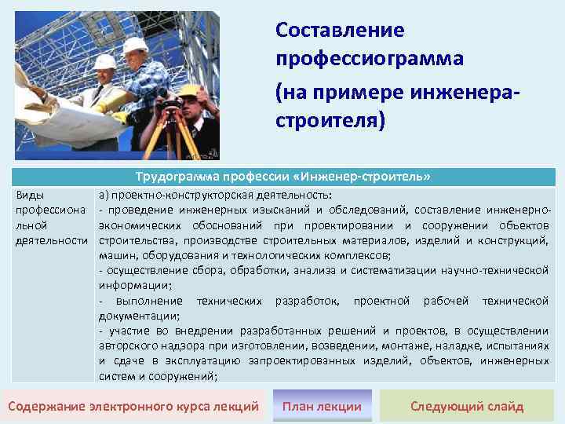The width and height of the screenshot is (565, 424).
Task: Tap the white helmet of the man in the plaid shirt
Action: pyautogui.click(x=136, y=45)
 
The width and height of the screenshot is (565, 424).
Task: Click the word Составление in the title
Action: pyautogui.click(x=340, y=30)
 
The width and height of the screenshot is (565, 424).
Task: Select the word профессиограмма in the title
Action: pyautogui.click(x=370, y=59)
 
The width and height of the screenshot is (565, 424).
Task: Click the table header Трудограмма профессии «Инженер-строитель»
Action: pyautogui.click(x=283, y=176)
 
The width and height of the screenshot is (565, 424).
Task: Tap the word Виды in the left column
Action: pyautogui.click(x=30, y=195)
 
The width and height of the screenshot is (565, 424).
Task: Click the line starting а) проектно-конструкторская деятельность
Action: pyautogui.click(x=215, y=195)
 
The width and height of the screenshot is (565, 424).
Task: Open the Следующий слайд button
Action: pyautogui.click(x=467, y=406)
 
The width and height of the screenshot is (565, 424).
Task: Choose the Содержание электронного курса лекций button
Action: pyautogui.click(x=133, y=406)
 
